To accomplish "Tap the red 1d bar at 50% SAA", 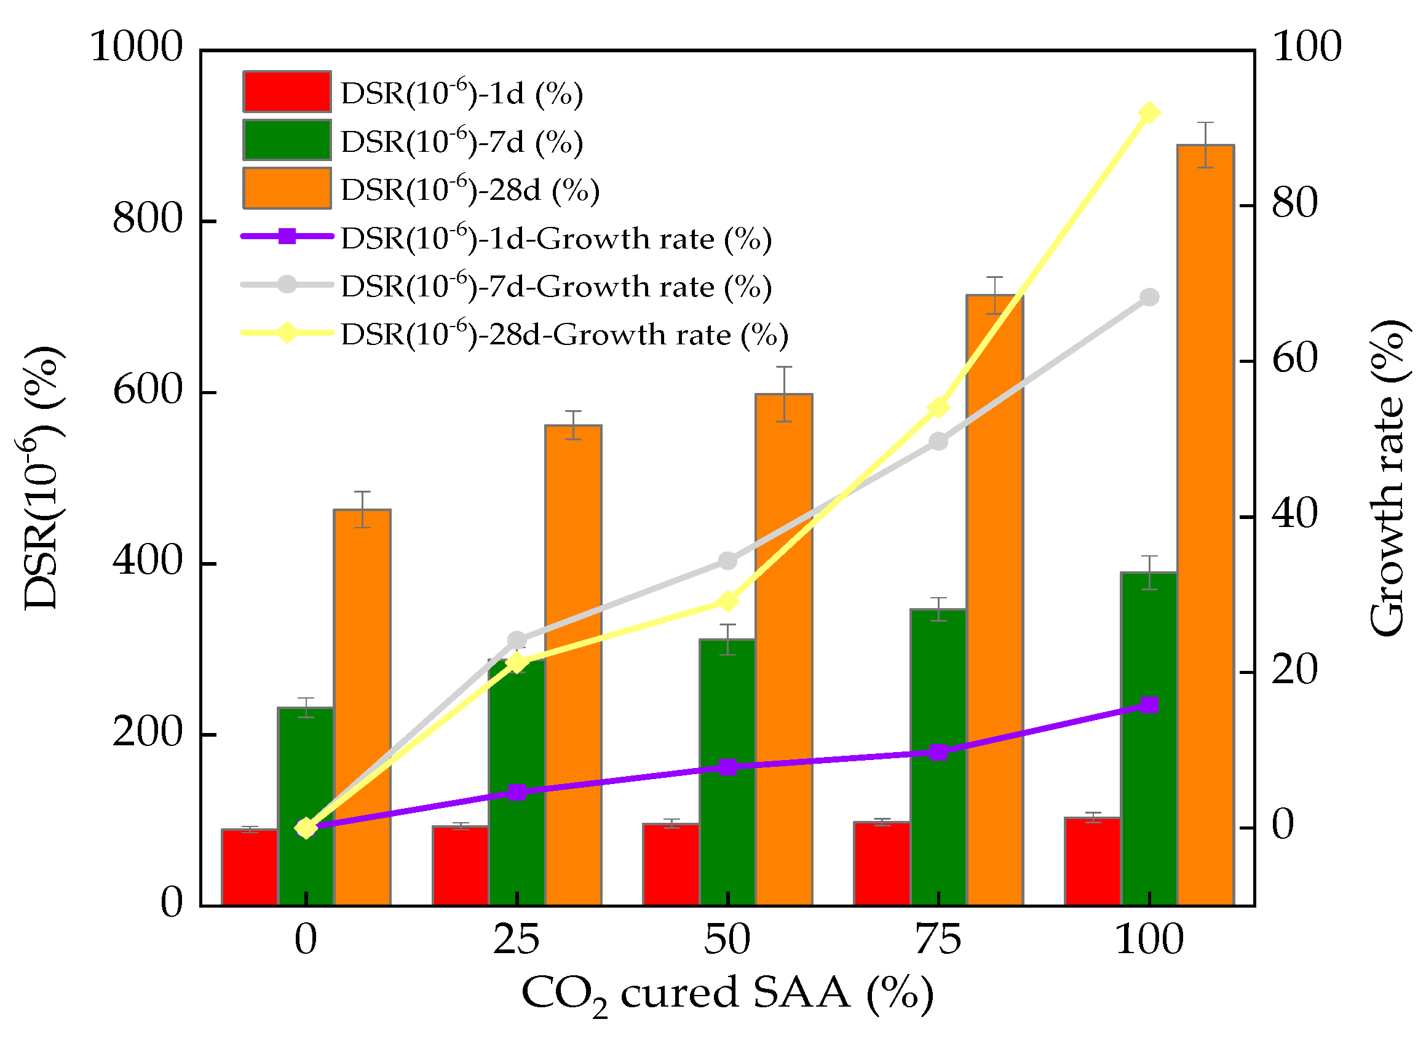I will pos(671,865).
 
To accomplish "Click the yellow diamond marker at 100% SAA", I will pos(1149,114).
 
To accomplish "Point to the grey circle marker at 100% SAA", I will pos(1149,298).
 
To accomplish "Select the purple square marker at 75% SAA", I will pos(938,753).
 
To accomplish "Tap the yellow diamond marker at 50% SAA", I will pos(727,601).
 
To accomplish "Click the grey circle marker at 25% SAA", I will pos(517,641).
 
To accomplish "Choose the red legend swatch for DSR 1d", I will pos(287,92).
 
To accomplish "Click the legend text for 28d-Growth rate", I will pos(564,335).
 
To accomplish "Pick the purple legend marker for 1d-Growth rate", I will pos(287,236).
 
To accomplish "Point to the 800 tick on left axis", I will pos(147,220).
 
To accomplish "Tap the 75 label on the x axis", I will pos(938,941).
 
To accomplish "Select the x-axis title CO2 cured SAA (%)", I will pos(727,995).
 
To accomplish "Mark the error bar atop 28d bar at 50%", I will pos(783,394).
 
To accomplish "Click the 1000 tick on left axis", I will pos(137,47).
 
